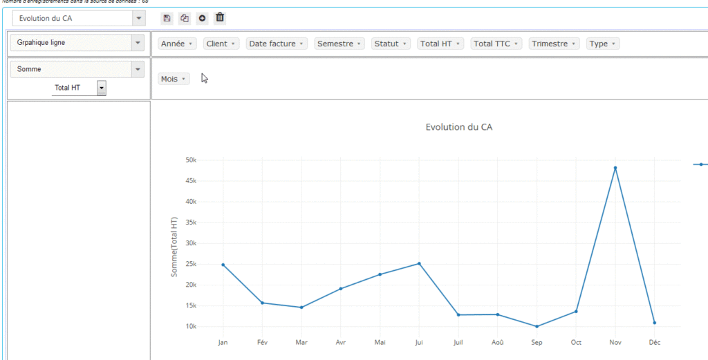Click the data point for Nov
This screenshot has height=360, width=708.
[x=615, y=168]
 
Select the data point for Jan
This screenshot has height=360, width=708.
[x=223, y=265]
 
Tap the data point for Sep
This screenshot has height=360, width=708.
[x=537, y=326]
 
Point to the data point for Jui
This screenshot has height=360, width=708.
[x=419, y=263]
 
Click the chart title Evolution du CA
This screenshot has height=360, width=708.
[x=459, y=127]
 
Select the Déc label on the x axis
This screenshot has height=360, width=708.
[x=654, y=342]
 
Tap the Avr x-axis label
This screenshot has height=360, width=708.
[x=340, y=342]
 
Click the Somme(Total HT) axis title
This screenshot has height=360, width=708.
[x=174, y=247]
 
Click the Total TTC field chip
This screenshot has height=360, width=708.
[x=496, y=44]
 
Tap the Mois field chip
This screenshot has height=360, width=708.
[x=174, y=79]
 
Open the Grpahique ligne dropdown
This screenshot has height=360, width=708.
[x=78, y=43]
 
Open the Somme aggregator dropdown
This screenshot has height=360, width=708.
[x=78, y=69]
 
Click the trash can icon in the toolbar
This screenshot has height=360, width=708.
[x=220, y=18]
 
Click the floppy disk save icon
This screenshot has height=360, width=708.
[x=167, y=18]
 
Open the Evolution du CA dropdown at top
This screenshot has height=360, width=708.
[x=79, y=18]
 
